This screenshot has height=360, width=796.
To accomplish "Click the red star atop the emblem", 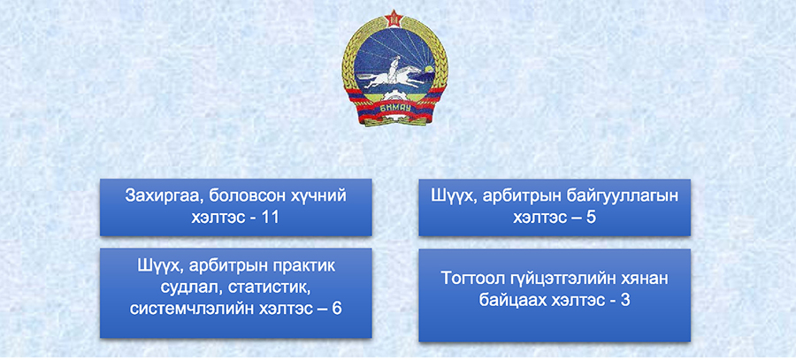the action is click(x=394, y=19).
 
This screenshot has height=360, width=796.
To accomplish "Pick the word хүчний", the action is click(x=318, y=196).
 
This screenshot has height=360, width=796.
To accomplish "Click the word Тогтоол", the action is click(x=474, y=279).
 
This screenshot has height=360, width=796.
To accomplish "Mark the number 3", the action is click(x=625, y=300).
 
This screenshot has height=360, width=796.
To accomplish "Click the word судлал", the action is click(x=191, y=287).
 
